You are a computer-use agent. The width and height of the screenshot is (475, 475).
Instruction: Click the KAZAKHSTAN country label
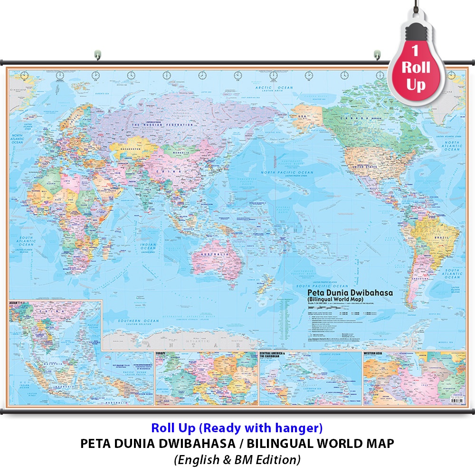[127, 149]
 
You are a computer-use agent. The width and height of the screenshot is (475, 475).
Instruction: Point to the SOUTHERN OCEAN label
[132, 321]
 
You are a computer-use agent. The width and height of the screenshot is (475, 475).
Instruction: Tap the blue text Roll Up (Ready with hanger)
[237, 428]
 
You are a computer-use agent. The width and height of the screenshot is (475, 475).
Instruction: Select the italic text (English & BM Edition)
[237, 459]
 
